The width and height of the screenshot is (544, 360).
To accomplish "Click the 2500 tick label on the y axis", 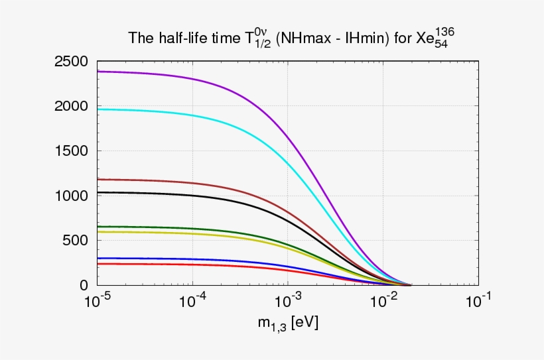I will point(70,62).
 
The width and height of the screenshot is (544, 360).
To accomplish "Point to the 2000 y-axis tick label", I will point(70,106).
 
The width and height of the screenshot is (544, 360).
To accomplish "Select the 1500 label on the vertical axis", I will point(70,151).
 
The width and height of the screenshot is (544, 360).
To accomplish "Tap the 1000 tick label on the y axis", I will point(70,196).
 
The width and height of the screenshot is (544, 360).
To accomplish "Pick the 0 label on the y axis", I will point(84,285).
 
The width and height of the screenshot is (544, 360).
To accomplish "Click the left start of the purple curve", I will point(99,72).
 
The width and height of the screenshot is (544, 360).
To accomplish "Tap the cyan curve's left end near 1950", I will point(99,109).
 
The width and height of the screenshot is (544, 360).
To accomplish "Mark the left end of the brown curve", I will point(99,179).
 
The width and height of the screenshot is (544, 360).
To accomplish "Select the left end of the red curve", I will point(99,264).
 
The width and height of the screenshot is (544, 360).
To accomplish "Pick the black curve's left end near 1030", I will point(99,192).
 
